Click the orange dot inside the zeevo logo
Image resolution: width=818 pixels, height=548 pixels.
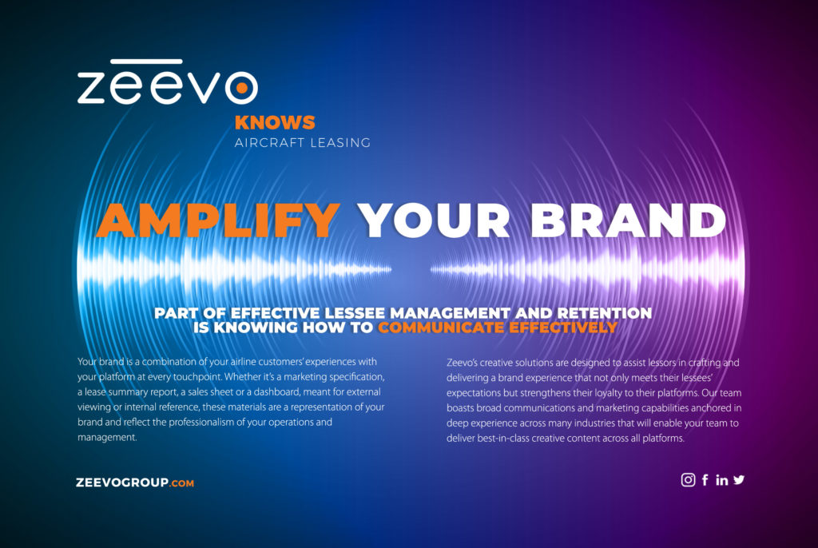pyautogui.click(x=241, y=88)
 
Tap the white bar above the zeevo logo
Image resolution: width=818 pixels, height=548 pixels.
pyautogui.click(x=147, y=62)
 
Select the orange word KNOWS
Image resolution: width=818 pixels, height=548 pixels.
pyautogui.click(x=275, y=123)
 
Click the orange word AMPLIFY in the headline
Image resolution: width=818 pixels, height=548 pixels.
pyautogui.click(x=219, y=220)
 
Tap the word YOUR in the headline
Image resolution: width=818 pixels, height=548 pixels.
pyautogui.click(x=434, y=220)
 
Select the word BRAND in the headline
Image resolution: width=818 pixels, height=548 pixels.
pyautogui.click(x=628, y=220)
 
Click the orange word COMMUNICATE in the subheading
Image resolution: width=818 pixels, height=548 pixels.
pyautogui.click(x=441, y=328)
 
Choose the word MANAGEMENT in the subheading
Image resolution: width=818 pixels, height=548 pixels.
pyautogui.click(x=451, y=313)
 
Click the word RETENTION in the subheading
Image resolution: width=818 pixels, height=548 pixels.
pyautogui.click(x=605, y=313)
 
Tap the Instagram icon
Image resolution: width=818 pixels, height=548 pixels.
pyautogui.click(x=688, y=479)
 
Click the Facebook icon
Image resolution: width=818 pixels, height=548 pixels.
pyautogui.click(x=705, y=479)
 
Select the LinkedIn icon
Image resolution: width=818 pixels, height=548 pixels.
pyautogui.click(x=722, y=480)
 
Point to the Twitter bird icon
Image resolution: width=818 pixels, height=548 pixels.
pyautogui.click(x=739, y=479)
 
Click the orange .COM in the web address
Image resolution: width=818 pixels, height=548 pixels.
pyautogui.click(x=181, y=483)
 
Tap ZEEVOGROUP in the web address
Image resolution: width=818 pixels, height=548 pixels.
pyautogui.click(x=122, y=482)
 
